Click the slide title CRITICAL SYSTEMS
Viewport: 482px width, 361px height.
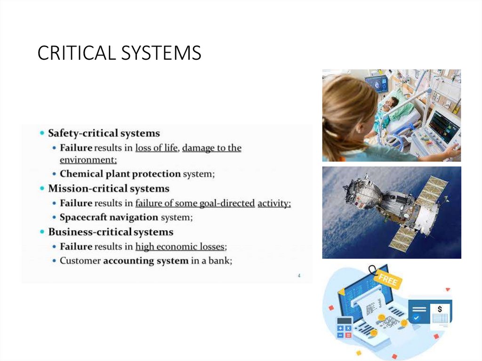tap(119, 53)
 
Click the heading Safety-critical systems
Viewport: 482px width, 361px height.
tap(104, 133)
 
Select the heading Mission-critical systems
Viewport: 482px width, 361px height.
tap(109, 189)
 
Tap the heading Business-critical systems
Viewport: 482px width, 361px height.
tap(111, 232)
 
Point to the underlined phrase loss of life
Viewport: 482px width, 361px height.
tap(156, 148)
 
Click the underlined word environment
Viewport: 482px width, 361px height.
tap(88, 160)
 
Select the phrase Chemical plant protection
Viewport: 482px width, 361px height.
tap(120, 174)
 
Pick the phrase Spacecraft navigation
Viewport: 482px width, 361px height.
tap(109, 217)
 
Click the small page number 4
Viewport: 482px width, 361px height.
tap(299, 275)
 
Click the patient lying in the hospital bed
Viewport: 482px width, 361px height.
tap(390, 106)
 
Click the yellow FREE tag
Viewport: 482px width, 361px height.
tap(388, 281)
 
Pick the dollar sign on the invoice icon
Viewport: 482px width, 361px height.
tap(440, 309)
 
